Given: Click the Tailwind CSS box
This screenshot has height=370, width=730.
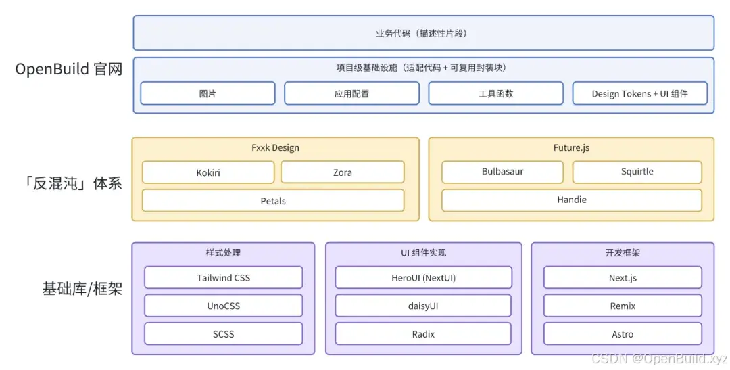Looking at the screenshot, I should tap(224, 277).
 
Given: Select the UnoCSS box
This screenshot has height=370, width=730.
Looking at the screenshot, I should tap(224, 306).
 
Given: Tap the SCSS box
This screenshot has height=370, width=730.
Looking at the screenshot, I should tap(224, 334).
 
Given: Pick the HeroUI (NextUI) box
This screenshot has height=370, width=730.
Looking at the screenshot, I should tap(423, 277).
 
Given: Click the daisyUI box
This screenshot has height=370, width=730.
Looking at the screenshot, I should tap(423, 306).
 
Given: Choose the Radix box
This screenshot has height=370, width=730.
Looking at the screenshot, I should tap(423, 334).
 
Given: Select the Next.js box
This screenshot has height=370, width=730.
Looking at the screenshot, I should tap(623, 277).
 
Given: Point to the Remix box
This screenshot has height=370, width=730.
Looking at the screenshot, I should tap(623, 306).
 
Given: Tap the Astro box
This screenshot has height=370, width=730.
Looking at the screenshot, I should tap(623, 334).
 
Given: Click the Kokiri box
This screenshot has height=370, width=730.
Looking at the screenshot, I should tap(208, 172).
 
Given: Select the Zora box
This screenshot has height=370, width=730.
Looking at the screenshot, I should tap(342, 172).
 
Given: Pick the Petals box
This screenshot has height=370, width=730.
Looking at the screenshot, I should tap(273, 201).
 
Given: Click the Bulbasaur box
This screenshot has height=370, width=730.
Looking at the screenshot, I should tap(502, 172).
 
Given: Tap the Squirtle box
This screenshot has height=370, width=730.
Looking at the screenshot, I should tap(637, 172).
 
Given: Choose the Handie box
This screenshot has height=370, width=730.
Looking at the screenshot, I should tap(572, 200).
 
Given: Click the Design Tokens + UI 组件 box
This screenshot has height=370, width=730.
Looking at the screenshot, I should tap(639, 93).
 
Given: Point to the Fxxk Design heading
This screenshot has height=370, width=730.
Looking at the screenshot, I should tap(275, 147).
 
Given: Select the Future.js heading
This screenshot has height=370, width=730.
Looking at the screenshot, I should tap(571, 147).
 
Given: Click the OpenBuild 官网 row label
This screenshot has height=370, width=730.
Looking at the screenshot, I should tap(68, 69).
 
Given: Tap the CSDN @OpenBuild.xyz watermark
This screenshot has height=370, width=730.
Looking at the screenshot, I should tap(660, 359).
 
